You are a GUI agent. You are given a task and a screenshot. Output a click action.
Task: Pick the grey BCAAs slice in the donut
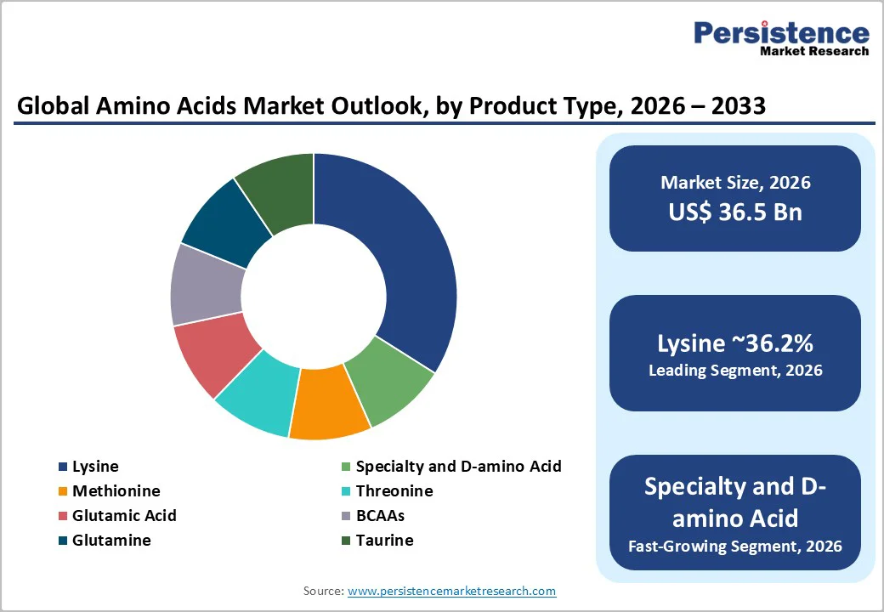click(x=204, y=285)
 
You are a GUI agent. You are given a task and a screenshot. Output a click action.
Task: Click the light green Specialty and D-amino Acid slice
click(x=389, y=379)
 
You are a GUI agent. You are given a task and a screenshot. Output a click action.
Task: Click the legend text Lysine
click(x=95, y=467)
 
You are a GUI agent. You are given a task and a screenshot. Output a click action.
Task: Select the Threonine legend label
click(x=394, y=491)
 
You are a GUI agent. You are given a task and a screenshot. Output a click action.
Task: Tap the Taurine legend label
click(x=384, y=541)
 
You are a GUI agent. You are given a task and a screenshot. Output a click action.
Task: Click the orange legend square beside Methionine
click(x=63, y=491)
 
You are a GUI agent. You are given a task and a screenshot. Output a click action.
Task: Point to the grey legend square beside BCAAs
click(x=346, y=516)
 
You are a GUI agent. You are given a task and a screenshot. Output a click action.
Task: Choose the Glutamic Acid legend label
click(x=124, y=516)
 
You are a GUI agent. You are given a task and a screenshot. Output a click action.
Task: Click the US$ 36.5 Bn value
click(x=735, y=212)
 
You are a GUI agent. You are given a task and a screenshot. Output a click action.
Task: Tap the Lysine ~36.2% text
click(x=735, y=344)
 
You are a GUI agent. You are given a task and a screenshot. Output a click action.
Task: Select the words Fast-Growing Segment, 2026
click(x=735, y=546)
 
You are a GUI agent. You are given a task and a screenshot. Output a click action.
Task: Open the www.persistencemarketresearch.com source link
click(x=451, y=591)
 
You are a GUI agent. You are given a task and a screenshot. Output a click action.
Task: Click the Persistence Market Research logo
click(x=781, y=38)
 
